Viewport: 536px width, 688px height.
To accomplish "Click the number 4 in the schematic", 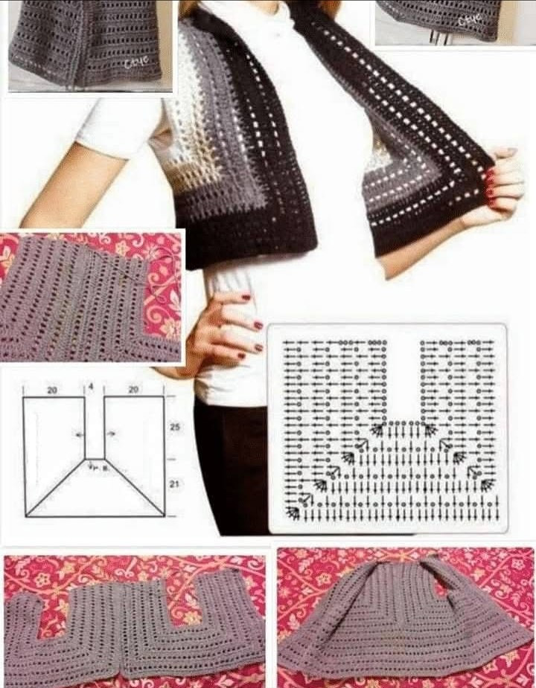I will point(91,386).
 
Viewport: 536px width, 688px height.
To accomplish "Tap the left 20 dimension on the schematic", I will point(51,389).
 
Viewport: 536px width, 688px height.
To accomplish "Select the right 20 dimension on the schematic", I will point(133,389).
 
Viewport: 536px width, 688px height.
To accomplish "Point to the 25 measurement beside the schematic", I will point(176,428).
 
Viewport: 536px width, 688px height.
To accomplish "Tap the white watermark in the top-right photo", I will point(470,19).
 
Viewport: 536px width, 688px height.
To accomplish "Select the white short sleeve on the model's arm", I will point(119,126).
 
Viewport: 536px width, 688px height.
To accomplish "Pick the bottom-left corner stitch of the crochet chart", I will point(292,512).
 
